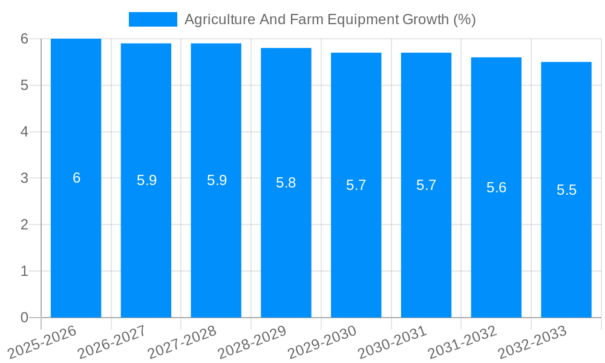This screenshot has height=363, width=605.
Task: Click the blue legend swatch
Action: click(152, 19)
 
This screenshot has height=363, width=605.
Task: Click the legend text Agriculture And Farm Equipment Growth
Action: click(330, 19)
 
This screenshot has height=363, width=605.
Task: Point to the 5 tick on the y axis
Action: click(25, 85)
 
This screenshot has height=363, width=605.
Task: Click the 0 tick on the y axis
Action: click(25, 318)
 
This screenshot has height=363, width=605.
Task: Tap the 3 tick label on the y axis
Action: click(25, 178)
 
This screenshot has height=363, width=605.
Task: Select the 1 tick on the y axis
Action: click(25, 271)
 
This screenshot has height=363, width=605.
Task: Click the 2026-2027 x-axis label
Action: click(113, 341)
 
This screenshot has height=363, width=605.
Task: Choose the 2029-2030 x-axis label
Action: click(322, 341)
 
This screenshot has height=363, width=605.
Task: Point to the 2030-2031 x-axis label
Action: click(393, 341)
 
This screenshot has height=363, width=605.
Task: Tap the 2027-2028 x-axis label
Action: click(183, 341)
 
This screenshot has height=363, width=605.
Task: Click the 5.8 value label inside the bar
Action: click(286, 183)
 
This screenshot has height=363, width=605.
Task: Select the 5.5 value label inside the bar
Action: click(566, 190)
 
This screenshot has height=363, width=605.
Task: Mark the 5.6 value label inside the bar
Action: click(496, 188)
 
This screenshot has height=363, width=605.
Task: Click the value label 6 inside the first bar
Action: click(76, 178)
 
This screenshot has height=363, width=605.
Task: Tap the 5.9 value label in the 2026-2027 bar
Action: click(146, 180)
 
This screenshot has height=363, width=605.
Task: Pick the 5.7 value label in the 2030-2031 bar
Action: click(426, 185)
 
